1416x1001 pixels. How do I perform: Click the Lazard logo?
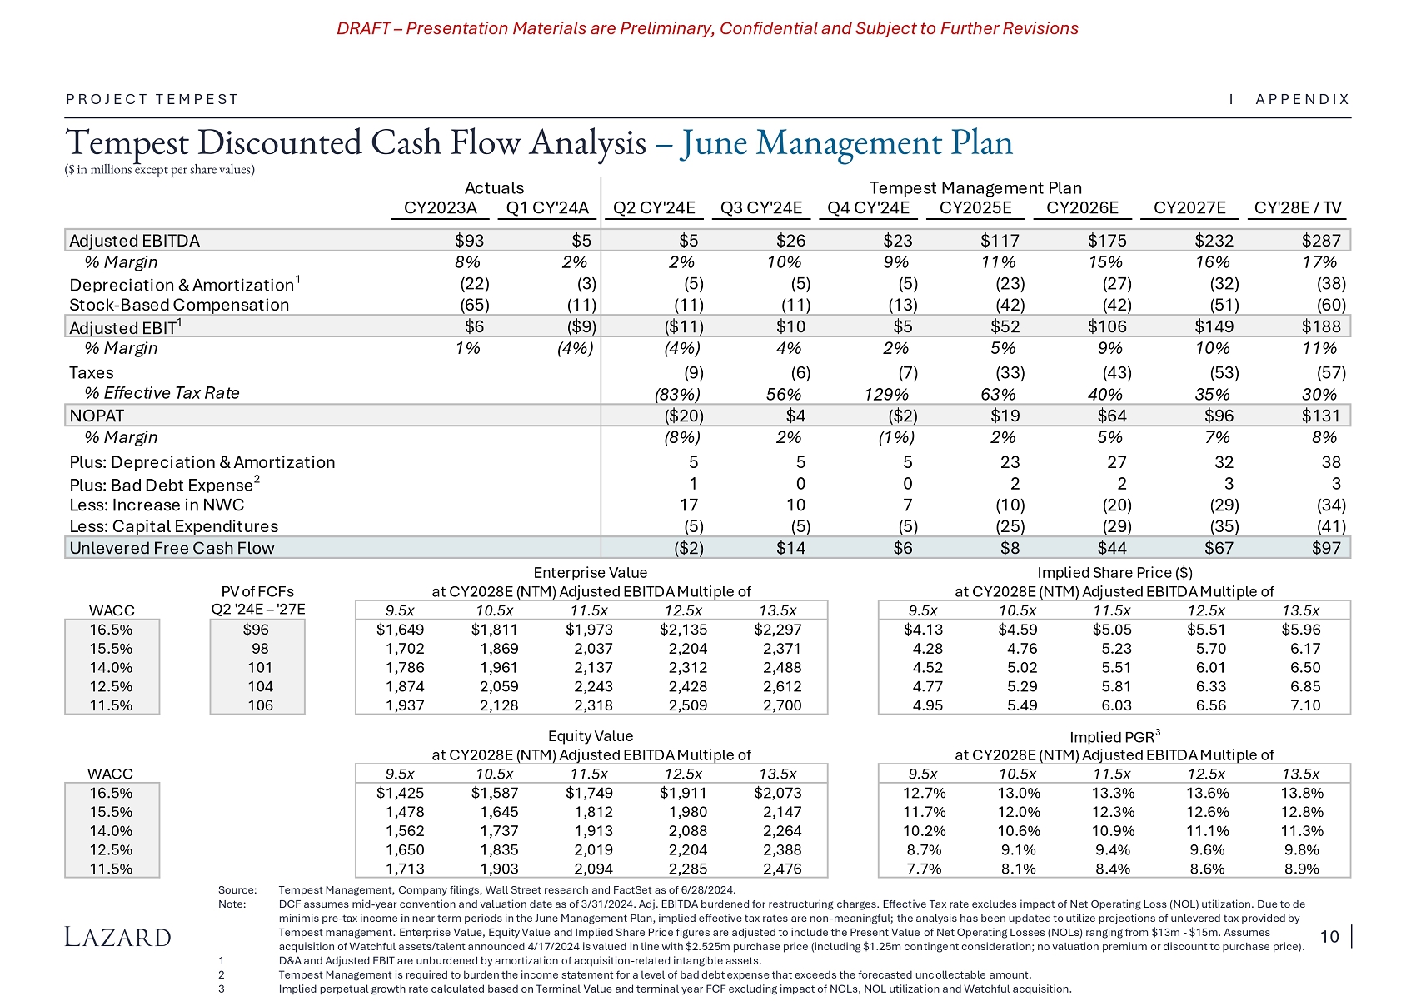117,937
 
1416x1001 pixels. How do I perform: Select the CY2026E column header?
1082,208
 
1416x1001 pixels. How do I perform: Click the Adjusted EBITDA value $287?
1321,241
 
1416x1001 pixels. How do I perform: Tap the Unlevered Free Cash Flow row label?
172,548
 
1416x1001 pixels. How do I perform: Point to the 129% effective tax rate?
886,394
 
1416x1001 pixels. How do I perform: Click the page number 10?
1329,937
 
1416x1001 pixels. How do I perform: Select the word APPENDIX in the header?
1302,99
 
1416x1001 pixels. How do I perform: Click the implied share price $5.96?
1300,630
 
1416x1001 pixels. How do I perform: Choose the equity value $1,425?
400,793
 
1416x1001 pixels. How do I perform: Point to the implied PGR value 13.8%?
1301,793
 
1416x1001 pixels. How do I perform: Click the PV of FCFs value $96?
256,630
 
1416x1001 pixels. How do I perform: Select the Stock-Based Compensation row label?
179,305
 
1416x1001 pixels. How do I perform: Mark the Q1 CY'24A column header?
546,208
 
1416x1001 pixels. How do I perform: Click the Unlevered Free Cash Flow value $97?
1326,548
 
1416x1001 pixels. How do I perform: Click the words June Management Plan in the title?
846,143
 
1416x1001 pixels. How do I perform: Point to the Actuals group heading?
494,188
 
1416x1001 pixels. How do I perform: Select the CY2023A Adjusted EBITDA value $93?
469,241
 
